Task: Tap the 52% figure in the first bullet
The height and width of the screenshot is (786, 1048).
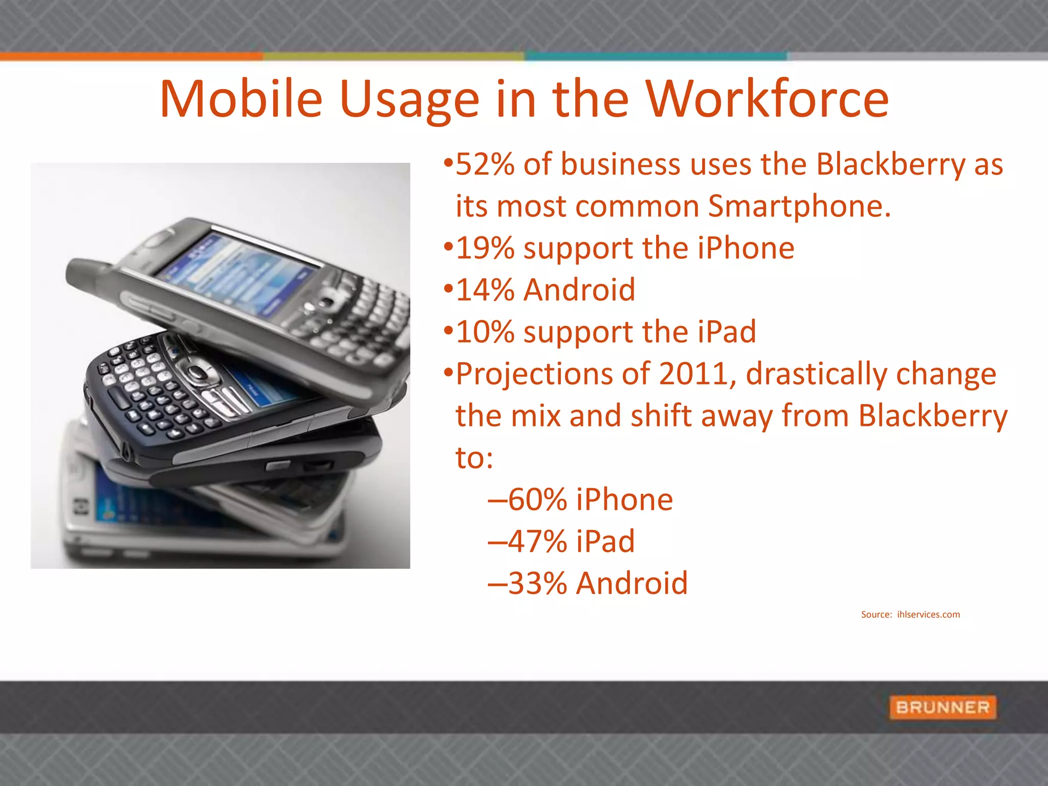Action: coord(485,164)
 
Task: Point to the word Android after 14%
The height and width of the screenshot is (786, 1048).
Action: coord(579,290)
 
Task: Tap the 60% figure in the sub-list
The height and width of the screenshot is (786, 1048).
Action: coord(537,500)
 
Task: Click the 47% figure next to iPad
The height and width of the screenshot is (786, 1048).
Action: coord(537,542)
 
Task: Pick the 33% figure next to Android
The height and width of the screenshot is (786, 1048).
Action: coord(537,584)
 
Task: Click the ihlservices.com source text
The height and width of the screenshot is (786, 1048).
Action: coord(928,615)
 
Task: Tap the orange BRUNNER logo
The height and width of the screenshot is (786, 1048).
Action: coord(943,707)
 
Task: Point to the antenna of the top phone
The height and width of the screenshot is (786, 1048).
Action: coord(90,274)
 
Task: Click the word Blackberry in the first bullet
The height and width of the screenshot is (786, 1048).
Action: coord(890,164)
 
